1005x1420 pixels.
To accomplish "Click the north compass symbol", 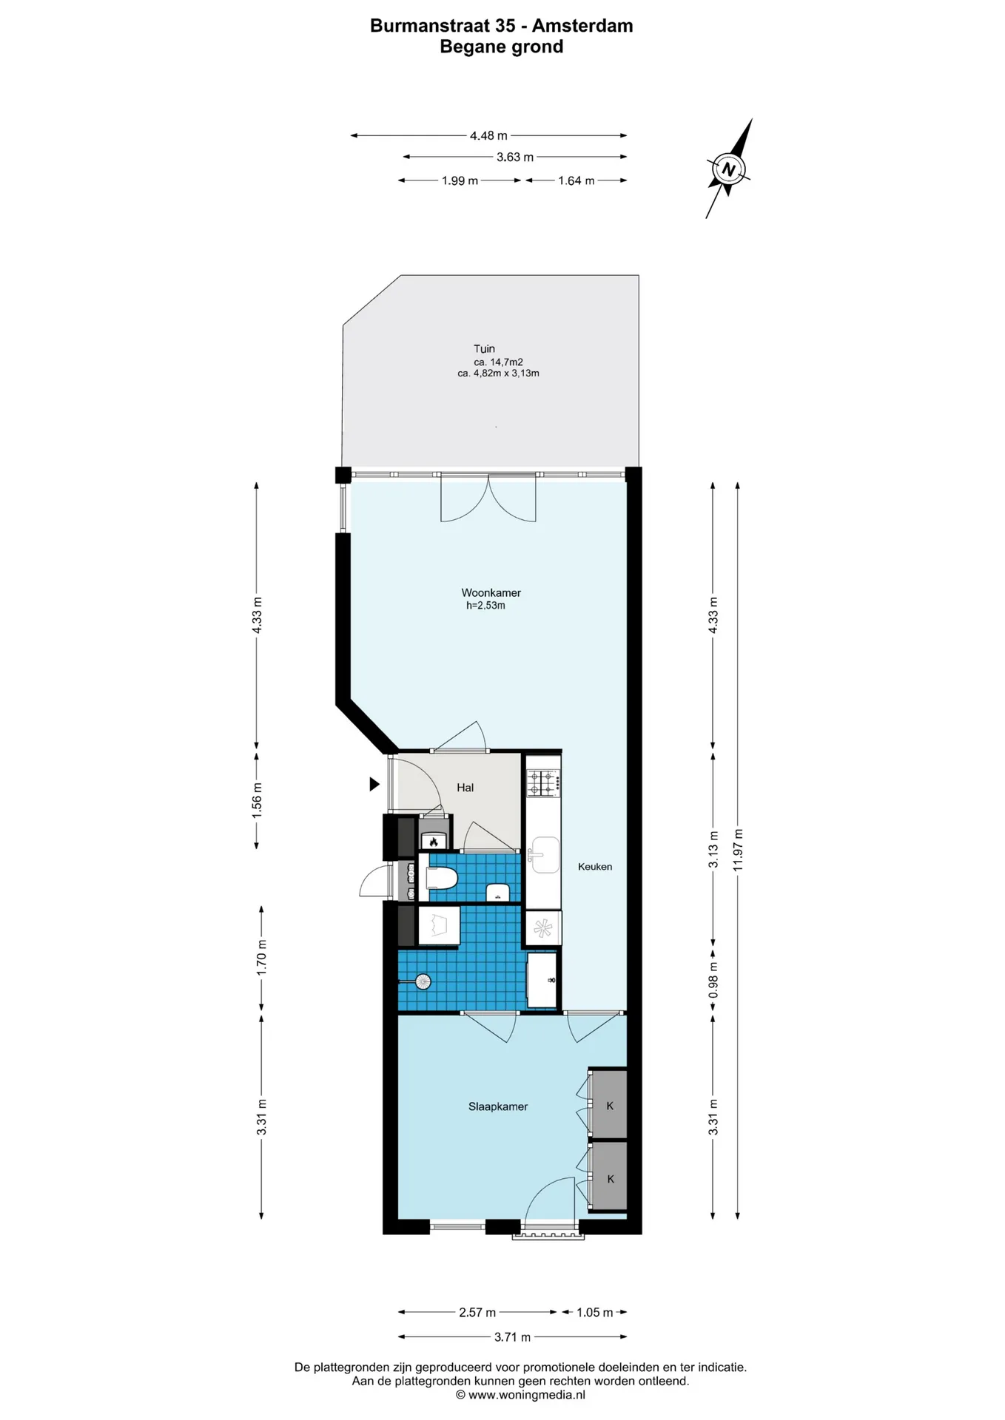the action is (x=729, y=169).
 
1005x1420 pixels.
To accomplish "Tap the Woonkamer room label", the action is (x=491, y=592).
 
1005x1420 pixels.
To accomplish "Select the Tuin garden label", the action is (x=484, y=348).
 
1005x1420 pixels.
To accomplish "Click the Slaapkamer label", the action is (x=498, y=1106).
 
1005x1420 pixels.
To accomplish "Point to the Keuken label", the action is (x=595, y=866).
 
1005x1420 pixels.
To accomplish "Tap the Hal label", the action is (x=465, y=787).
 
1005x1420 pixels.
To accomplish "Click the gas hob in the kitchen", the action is (x=543, y=782).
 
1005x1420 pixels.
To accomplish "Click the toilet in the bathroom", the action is (x=442, y=878).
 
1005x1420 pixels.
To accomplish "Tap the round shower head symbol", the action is (x=423, y=981).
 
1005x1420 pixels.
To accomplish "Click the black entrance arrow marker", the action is (x=374, y=784).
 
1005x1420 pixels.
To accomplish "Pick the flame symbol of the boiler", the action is (x=434, y=842).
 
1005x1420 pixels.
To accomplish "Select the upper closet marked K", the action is (x=608, y=1105).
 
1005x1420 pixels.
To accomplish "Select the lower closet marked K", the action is (x=608, y=1178).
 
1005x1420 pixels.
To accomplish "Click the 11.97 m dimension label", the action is (x=737, y=850).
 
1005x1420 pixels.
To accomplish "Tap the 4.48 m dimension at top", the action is (x=488, y=135).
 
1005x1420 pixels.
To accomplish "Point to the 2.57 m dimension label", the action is (x=477, y=1312).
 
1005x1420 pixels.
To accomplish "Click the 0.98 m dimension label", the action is (x=713, y=979).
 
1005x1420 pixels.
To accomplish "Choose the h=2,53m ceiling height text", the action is (x=485, y=605).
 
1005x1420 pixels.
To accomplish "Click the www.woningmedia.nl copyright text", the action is (x=520, y=1395).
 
